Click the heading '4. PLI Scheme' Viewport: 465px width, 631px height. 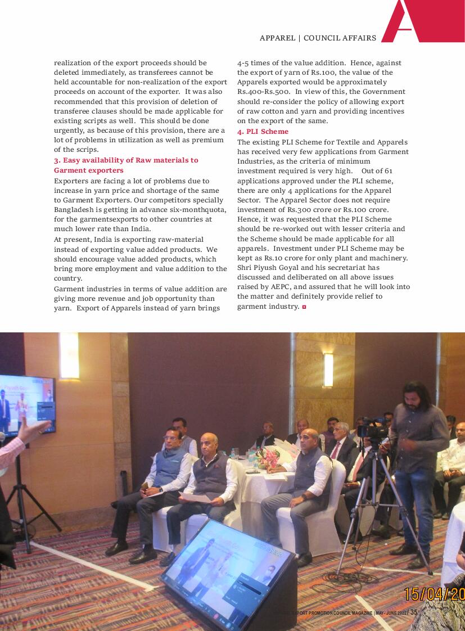(263, 132)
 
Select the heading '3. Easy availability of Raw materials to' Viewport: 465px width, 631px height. (126, 160)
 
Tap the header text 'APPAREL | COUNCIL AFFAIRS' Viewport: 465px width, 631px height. (318, 38)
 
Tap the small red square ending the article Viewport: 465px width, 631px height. (304, 307)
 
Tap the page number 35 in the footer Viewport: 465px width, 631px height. (414, 612)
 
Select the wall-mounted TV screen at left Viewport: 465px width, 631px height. (26, 405)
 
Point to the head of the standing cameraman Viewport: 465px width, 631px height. (416, 394)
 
